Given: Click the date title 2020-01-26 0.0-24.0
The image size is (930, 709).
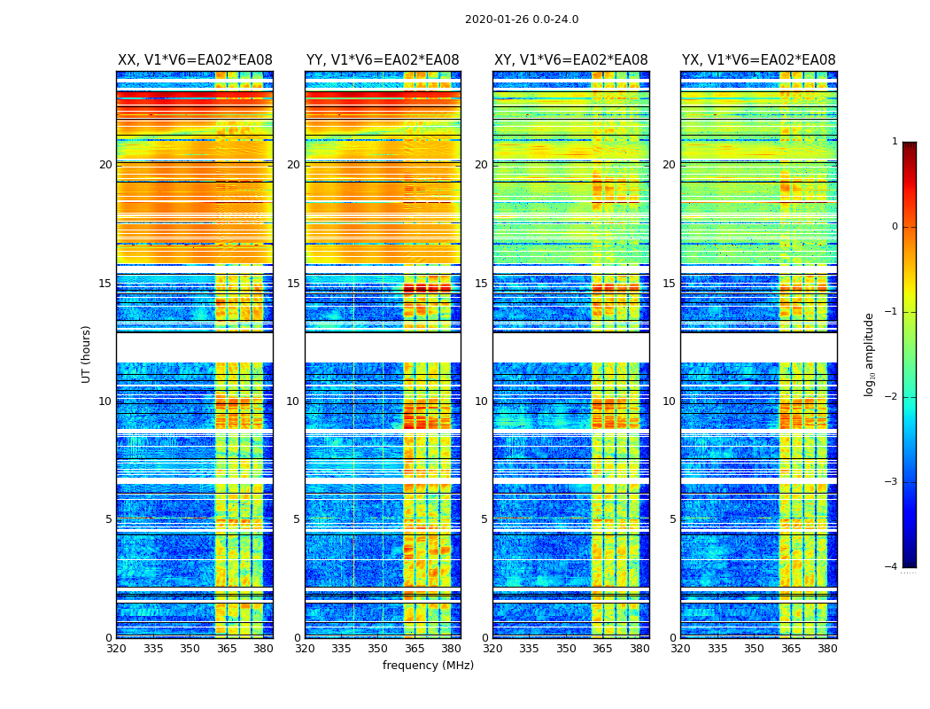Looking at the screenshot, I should (522, 19).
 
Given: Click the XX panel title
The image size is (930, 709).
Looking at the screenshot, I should (195, 60).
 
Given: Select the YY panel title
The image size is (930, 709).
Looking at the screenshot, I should (383, 60).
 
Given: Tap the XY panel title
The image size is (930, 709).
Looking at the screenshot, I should (571, 60).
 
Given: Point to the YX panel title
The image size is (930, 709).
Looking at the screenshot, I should (759, 60).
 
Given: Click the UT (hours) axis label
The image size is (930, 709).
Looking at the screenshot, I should (87, 354).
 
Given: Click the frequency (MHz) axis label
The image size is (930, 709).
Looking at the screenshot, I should (428, 666).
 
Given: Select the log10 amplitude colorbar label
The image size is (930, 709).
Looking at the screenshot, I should (870, 354).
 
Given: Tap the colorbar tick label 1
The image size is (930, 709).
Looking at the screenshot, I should (894, 142).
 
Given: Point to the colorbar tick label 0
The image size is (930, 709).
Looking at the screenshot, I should (894, 227).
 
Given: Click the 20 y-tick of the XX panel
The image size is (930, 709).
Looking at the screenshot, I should (105, 165).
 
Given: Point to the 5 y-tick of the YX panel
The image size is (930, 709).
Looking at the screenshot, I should (672, 519).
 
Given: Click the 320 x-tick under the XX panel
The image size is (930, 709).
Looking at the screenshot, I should (116, 649).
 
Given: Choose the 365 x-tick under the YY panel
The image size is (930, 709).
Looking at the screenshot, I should (415, 649).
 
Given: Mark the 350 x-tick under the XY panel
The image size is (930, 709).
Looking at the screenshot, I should (566, 649).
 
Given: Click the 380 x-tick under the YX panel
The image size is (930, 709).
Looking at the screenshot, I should (827, 649).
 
